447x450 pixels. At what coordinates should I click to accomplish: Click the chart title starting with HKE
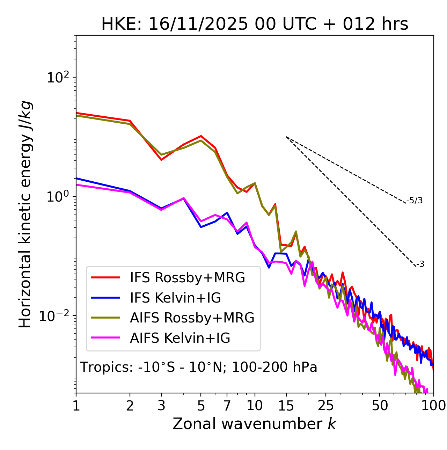pos(255,24)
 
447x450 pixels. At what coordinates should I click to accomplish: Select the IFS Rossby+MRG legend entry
pos(188,277)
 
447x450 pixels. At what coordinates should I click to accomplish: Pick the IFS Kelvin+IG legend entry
pos(175,298)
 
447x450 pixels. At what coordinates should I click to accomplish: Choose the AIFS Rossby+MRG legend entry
pos(192,318)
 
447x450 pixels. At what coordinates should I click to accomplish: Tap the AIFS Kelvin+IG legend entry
pos(180,338)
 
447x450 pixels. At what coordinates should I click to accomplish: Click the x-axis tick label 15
pos(286,405)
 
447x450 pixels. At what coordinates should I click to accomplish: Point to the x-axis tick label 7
pos(227,405)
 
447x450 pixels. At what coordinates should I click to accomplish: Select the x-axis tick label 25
pos(326,405)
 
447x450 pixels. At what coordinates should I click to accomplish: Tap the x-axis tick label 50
pos(380,405)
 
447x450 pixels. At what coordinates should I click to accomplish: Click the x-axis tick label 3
pos(161,405)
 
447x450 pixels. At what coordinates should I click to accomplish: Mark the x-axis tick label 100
pos(433,405)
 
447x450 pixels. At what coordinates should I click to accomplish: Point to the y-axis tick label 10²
pos(58,78)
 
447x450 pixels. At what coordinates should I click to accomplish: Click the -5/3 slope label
pos(415,201)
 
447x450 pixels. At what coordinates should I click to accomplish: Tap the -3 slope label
pos(420,264)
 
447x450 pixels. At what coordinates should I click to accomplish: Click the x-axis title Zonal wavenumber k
pos(255,424)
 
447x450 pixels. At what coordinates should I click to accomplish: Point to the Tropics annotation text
pos(199,367)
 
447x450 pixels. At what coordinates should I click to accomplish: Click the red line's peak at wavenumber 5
pos(201,136)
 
